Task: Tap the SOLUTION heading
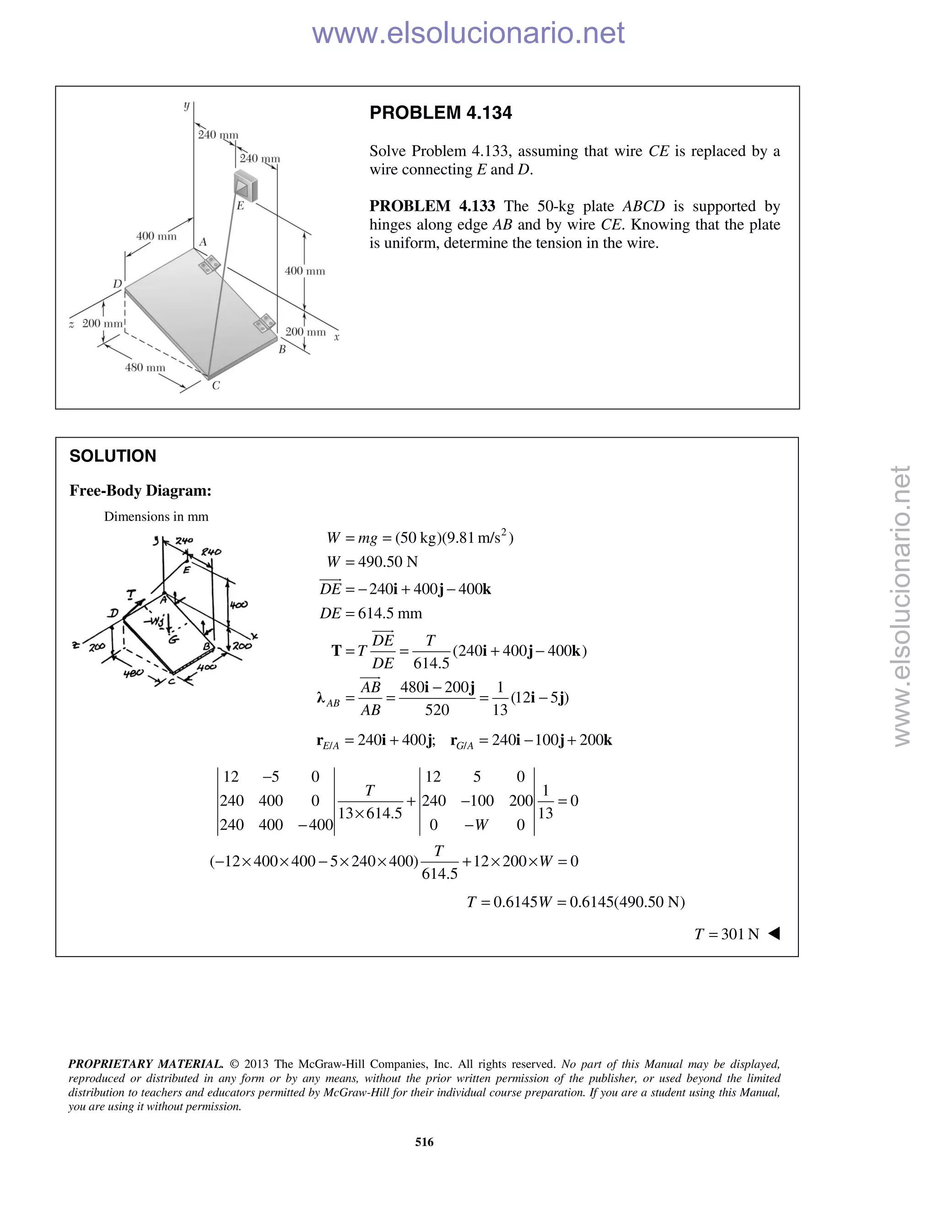click(113, 456)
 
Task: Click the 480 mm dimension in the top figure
click(145, 367)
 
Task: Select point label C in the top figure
click(216, 385)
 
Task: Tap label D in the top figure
click(118, 284)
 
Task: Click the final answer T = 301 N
click(726, 934)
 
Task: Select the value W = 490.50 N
click(372, 562)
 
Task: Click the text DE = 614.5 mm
click(370, 613)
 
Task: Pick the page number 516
click(424, 1142)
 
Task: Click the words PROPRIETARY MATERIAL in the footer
click(145, 1064)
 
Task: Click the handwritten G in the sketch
click(173, 640)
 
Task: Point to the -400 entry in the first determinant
click(315, 825)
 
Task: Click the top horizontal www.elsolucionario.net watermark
click(468, 33)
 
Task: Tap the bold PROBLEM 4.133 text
click(432, 206)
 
